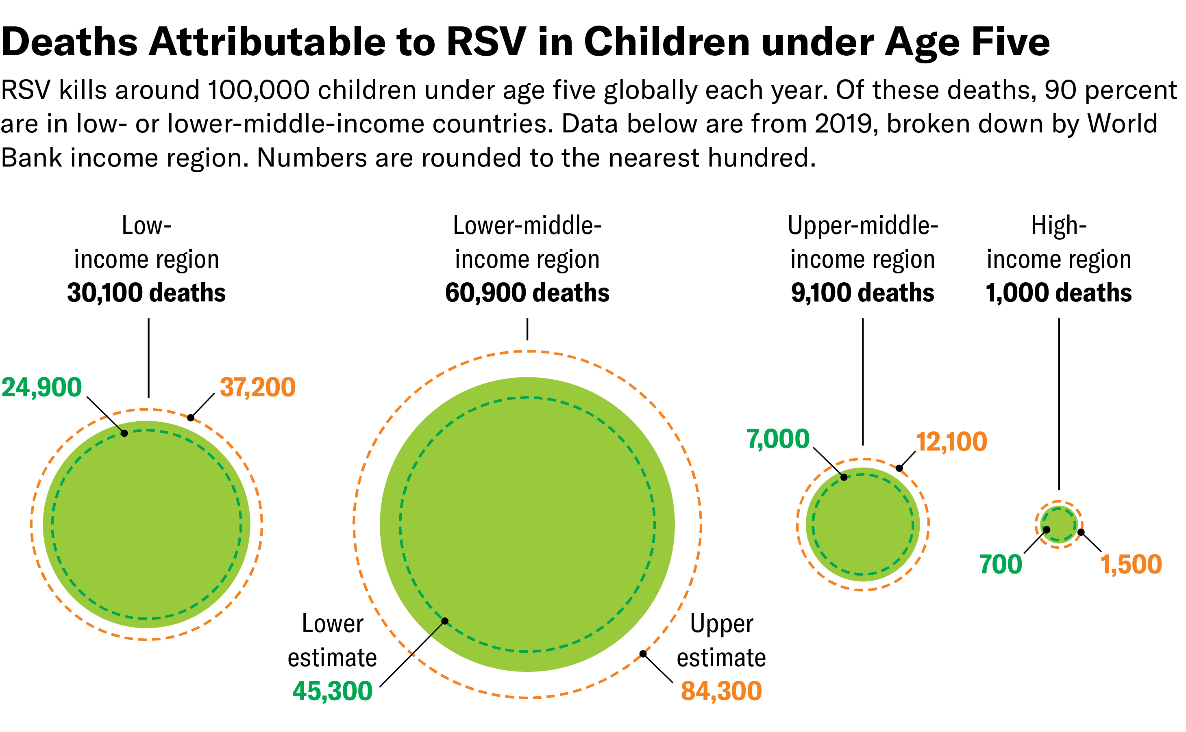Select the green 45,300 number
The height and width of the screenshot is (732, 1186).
click(x=332, y=691)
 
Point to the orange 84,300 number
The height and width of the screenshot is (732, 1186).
click(x=721, y=691)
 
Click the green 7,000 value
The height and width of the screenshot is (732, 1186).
click(x=778, y=439)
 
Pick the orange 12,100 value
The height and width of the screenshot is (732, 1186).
click(x=951, y=442)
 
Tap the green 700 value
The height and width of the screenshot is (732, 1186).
click(x=1001, y=565)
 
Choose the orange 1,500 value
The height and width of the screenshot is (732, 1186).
click(x=1131, y=565)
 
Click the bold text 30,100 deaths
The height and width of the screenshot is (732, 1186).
click(x=146, y=293)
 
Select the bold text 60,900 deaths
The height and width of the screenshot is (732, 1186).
click(x=527, y=293)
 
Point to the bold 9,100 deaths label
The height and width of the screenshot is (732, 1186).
click(x=862, y=293)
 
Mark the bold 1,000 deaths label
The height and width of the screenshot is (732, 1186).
click(x=1059, y=293)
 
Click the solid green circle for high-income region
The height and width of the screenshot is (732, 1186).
click(x=1059, y=525)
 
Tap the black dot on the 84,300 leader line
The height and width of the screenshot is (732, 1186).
click(x=643, y=654)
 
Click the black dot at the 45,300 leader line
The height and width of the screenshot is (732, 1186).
click(x=445, y=621)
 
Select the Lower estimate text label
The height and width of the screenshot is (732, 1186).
click(x=332, y=641)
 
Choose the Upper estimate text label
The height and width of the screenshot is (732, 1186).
click(x=721, y=641)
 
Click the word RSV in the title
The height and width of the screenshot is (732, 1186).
click(x=486, y=42)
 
